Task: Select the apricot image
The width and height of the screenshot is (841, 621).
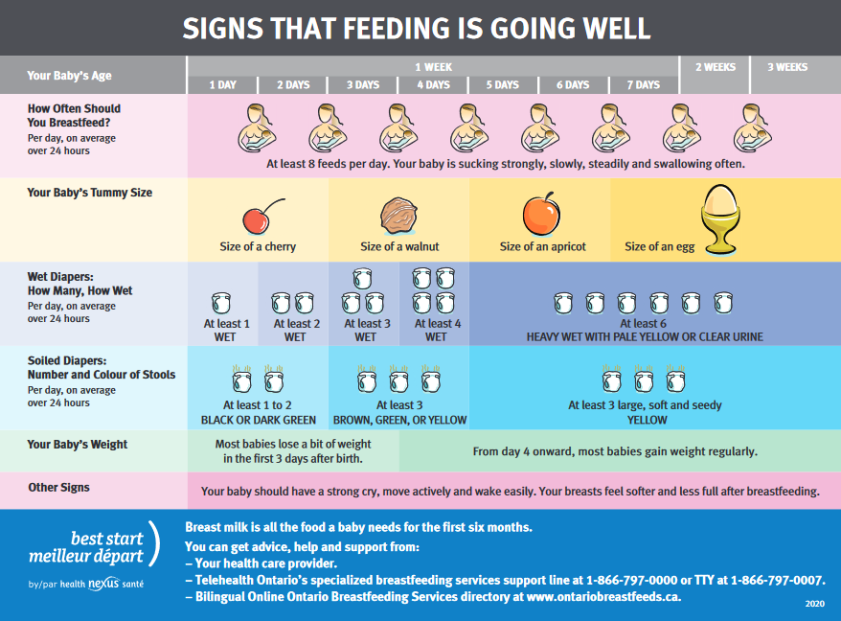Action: click(x=540, y=214)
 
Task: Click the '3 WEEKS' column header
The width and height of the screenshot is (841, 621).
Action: click(x=786, y=67)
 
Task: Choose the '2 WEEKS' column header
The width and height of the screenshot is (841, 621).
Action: click(x=715, y=67)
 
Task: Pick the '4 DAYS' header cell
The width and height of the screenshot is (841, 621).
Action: click(x=434, y=84)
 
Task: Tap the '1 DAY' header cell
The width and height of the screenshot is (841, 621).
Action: click(x=223, y=84)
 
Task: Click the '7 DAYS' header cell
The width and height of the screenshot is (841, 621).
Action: click(x=644, y=84)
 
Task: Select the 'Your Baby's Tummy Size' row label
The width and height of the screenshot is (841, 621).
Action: click(x=90, y=193)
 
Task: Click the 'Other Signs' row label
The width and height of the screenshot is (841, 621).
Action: click(x=58, y=487)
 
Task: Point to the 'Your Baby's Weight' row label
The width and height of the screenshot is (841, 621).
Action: click(x=78, y=445)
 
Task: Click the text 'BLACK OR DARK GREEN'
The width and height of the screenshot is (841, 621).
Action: click(x=258, y=420)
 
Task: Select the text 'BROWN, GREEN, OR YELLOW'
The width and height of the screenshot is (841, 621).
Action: click(x=399, y=420)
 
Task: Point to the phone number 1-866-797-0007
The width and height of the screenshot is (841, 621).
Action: click(x=781, y=580)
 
